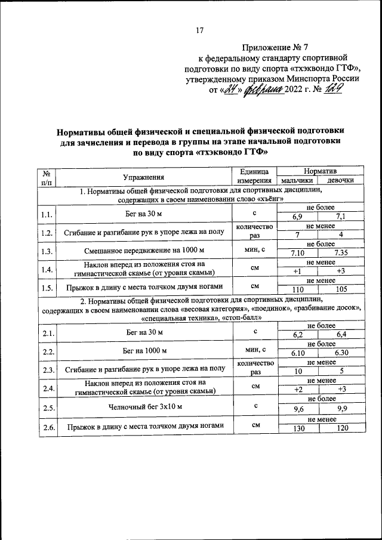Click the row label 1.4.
click(47, 269)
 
